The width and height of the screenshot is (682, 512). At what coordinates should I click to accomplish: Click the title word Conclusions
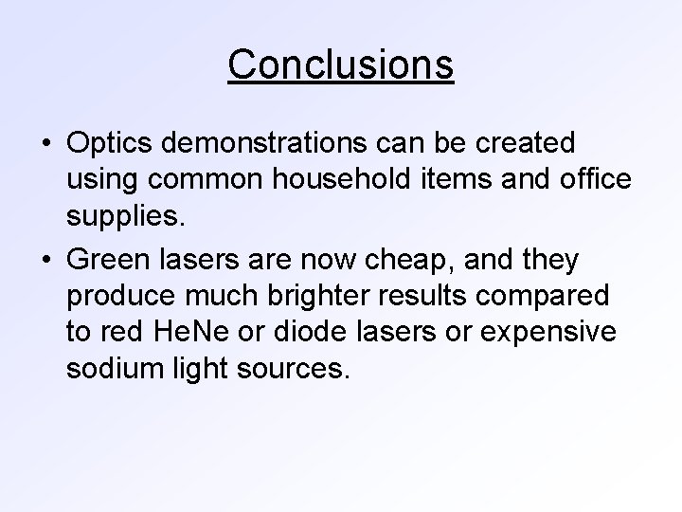(341, 64)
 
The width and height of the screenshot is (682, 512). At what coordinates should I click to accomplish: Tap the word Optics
(112, 143)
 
